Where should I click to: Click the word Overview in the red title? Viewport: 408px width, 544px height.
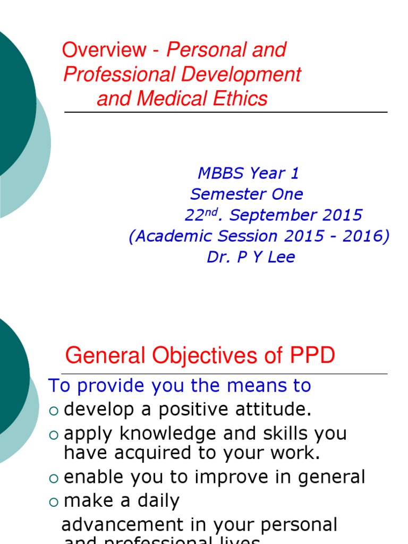104,50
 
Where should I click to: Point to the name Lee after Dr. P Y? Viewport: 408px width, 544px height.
279,258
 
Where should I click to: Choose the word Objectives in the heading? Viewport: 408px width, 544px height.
199,355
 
